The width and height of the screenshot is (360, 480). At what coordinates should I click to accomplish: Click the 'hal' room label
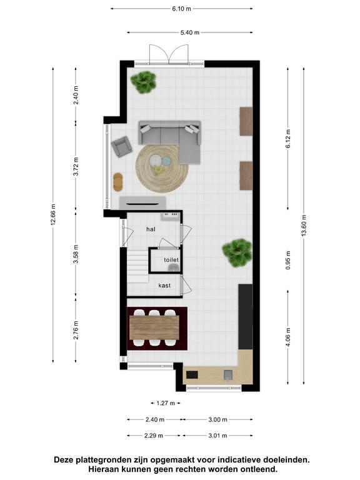pyautogui.click(x=151, y=229)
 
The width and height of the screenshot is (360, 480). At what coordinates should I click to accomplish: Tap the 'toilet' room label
pyautogui.click(x=171, y=259)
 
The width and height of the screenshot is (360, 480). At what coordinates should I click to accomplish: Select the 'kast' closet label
pyautogui.click(x=164, y=285)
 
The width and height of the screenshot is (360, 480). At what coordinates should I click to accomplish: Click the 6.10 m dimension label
pyautogui.click(x=181, y=9)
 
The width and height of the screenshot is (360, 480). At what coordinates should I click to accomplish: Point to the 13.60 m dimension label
pyautogui.click(x=304, y=225)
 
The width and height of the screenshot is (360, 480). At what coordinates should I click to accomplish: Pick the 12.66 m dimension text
pyautogui.click(x=53, y=214)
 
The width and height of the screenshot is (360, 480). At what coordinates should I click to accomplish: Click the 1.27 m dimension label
pyautogui.click(x=166, y=403)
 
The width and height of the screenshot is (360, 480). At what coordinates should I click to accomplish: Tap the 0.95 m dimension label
pyautogui.click(x=288, y=260)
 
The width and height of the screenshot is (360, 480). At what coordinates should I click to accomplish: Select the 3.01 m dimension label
pyautogui.click(x=217, y=435)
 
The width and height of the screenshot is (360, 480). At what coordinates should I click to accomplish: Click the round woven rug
pyautogui.click(x=162, y=168)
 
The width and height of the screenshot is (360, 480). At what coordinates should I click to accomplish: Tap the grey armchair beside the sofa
pyautogui.click(x=121, y=147)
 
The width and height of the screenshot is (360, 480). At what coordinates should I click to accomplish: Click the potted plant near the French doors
pyautogui.click(x=144, y=82)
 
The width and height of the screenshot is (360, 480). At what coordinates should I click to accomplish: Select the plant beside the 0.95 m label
pyautogui.click(x=237, y=253)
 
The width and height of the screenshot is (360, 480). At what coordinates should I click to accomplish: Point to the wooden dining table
pyautogui.click(x=154, y=327)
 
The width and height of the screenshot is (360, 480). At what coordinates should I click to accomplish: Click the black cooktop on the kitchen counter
pyautogui.click(x=192, y=375)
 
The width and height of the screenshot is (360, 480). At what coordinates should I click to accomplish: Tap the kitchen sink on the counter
pyautogui.click(x=228, y=375)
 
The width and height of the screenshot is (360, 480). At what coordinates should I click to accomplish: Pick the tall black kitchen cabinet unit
pyautogui.click(x=246, y=317)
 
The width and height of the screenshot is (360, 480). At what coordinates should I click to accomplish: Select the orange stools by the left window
pyautogui.click(x=118, y=182)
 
